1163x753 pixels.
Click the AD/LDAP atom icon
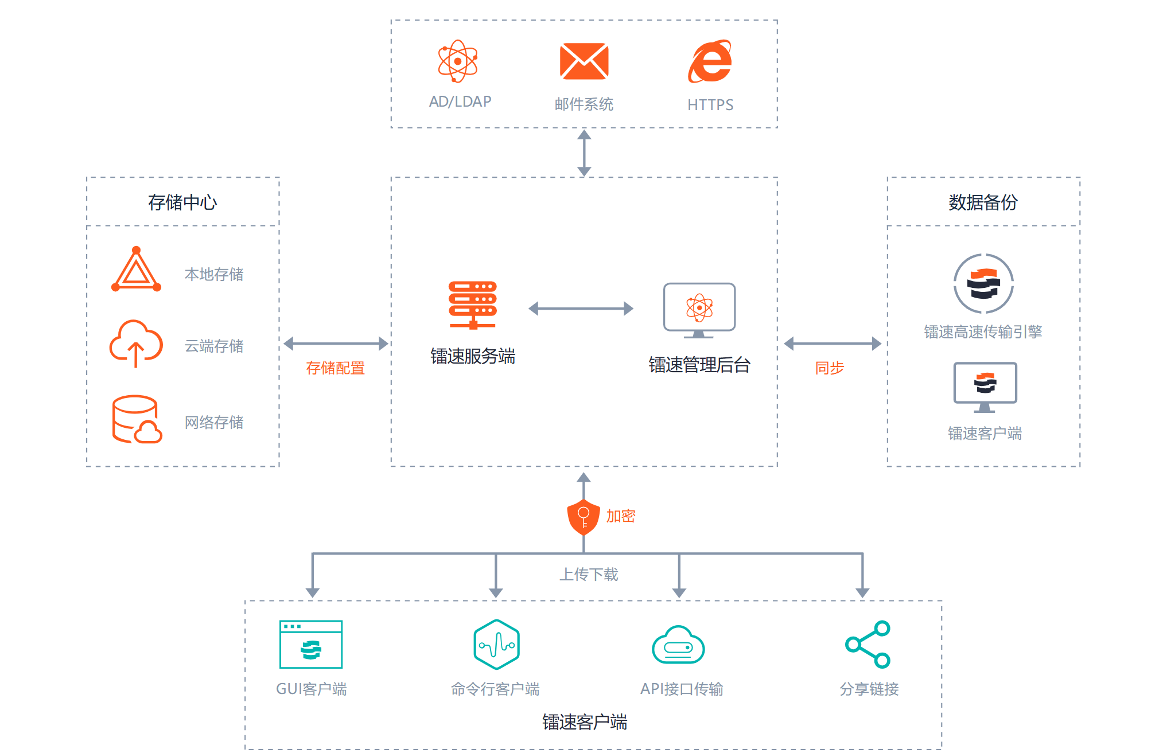pyautogui.click(x=457, y=61)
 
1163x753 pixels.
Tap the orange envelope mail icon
pyautogui.click(x=584, y=61)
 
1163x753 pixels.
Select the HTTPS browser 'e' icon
pyautogui.click(x=710, y=61)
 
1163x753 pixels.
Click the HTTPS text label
pyautogui.click(x=710, y=105)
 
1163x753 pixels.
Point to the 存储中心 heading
pyautogui.click(x=182, y=202)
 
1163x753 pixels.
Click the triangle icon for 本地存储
pyautogui.click(x=136, y=270)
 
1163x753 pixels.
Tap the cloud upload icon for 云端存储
pyautogui.click(x=136, y=343)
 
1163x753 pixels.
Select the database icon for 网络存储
pyautogui.click(x=137, y=419)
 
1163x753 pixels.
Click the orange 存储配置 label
pyautogui.click(x=335, y=368)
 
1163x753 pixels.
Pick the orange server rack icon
pyautogui.click(x=473, y=305)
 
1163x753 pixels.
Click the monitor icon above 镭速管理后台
pyautogui.click(x=699, y=310)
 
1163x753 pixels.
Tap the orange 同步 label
pyautogui.click(x=830, y=368)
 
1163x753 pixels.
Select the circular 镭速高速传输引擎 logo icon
pyautogui.click(x=983, y=284)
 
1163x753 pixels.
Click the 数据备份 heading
pyautogui.click(x=983, y=202)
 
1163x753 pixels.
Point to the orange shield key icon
pyautogui.click(x=584, y=517)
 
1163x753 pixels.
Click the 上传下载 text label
pyautogui.click(x=589, y=574)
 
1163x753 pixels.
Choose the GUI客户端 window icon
pyautogui.click(x=311, y=645)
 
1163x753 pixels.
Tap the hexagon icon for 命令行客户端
pyautogui.click(x=496, y=645)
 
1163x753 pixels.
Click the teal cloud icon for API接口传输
pyautogui.click(x=678, y=645)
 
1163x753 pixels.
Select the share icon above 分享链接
pyautogui.click(x=868, y=645)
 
